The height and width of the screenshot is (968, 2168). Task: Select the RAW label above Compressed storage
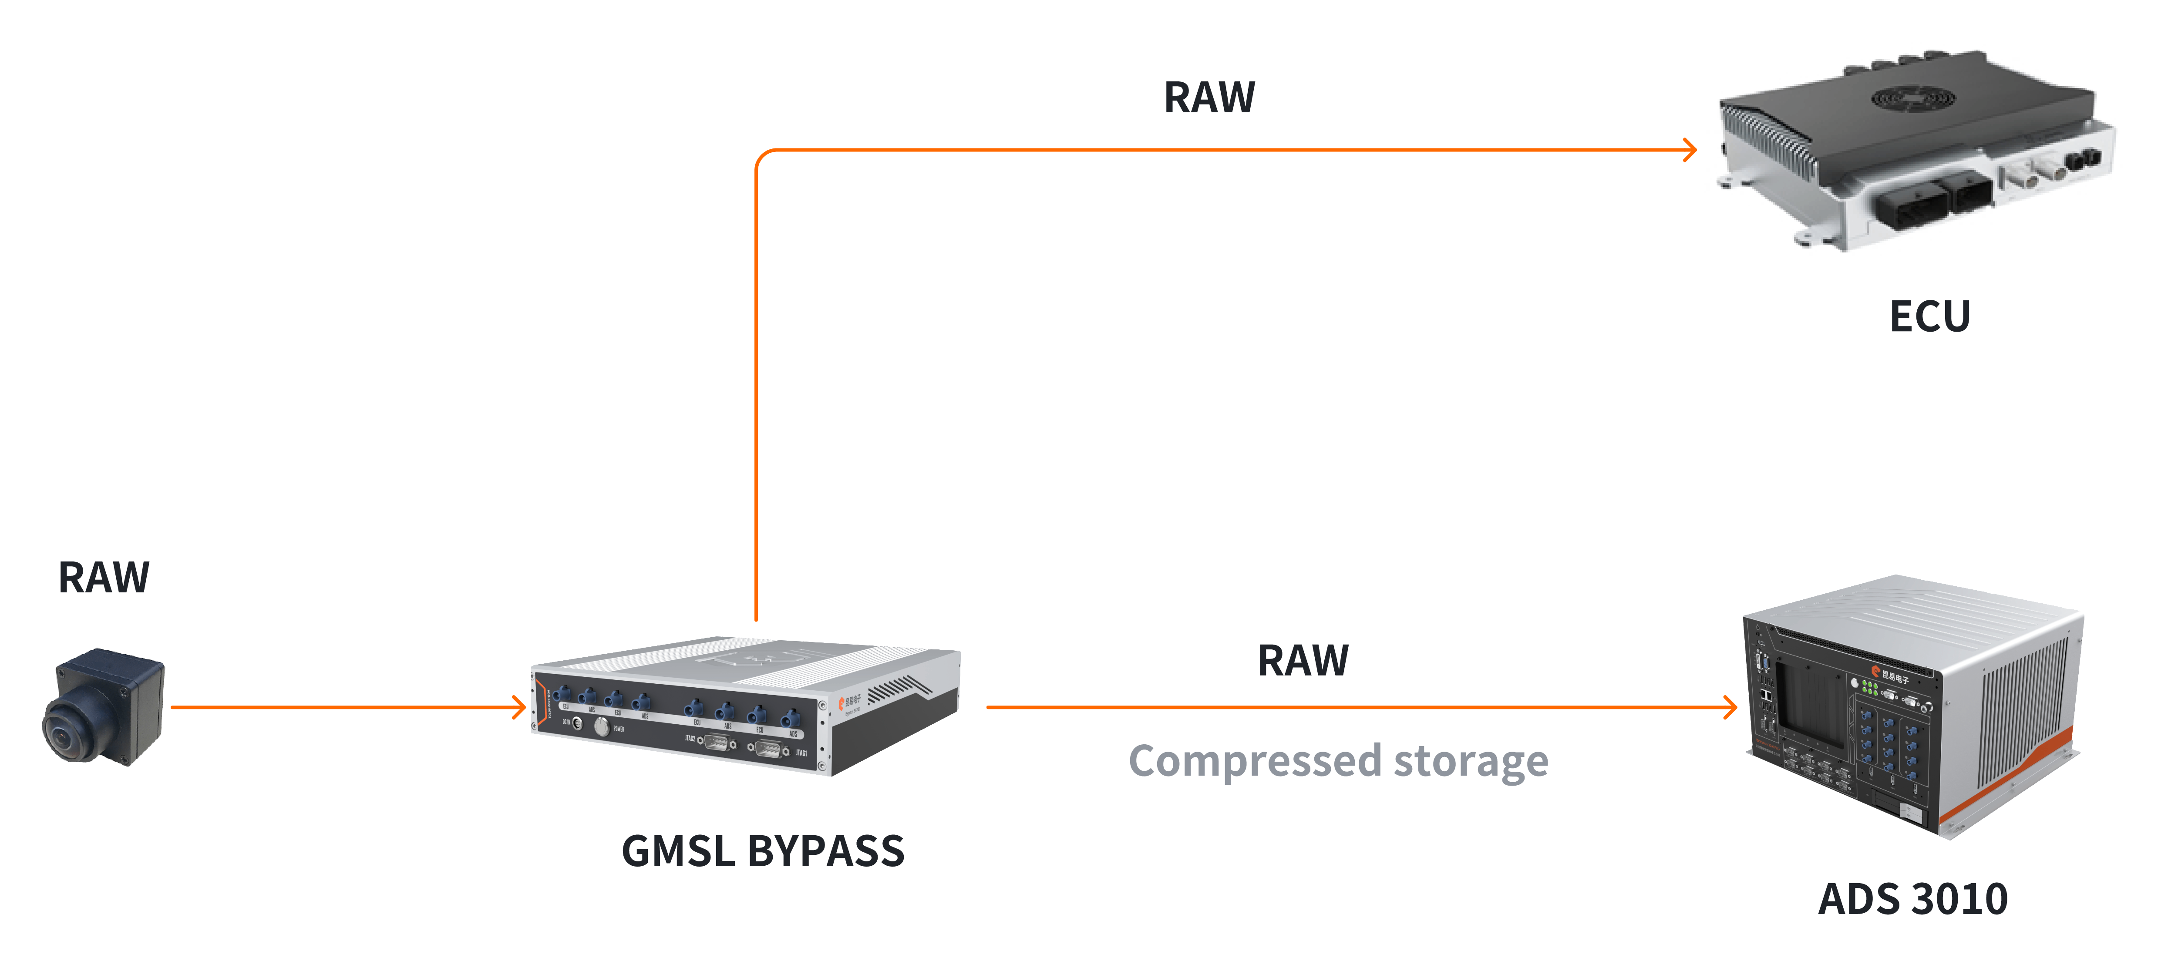1303,661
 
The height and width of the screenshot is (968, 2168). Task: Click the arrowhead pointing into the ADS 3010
1730,707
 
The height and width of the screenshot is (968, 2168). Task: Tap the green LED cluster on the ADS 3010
1870,688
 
